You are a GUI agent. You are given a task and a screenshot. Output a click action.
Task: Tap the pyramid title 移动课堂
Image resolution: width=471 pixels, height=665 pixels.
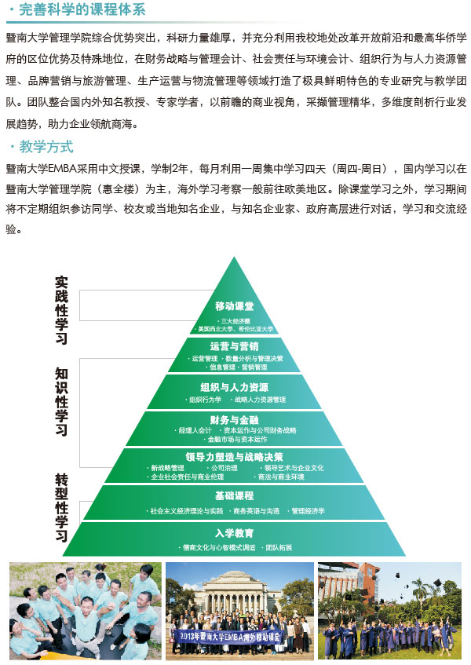pyautogui.click(x=234, y=305)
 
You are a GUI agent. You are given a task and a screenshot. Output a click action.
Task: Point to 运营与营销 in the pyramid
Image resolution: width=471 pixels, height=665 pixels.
pyautogui.click(x=234, y=346)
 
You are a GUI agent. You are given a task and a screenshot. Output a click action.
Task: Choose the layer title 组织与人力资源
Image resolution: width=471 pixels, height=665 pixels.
pyautogui.click(x=234, y=387)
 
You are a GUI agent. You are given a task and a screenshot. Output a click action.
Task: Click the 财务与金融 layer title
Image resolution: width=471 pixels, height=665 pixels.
pyautogui.click(x=234, y=419)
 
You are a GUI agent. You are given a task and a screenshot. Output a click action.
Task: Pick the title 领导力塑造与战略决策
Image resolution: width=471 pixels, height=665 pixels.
pyautogui.click(x=234, y=456)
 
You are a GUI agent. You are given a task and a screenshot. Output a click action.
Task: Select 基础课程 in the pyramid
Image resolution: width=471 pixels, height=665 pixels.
pyautogui.click(x=234, y=496)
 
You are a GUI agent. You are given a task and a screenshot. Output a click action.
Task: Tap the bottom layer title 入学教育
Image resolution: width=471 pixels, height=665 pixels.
pyautogui.click(x=234, y=533)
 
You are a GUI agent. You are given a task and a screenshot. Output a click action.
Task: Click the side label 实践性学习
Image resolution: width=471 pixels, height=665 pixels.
pyautogui.click(x=61, y=310)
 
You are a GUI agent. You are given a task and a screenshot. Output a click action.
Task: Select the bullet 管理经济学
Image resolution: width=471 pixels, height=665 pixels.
pyautogui.click(x=308, y=511)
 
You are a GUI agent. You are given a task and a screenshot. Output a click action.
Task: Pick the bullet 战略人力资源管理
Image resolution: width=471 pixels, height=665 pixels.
pyautogui.click(x=260, y=400)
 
